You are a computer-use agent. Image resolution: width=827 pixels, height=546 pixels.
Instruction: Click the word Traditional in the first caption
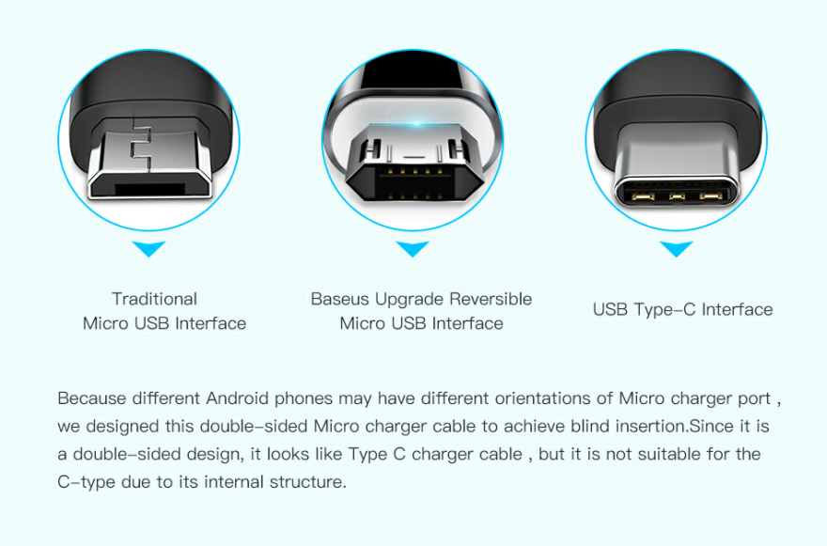[154, 299]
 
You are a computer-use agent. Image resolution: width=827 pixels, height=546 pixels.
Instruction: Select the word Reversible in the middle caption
[491, 299]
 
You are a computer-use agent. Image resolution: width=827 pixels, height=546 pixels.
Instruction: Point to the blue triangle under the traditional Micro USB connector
[148, 248]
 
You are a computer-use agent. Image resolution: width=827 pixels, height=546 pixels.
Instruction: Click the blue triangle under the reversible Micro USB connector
[413, 248]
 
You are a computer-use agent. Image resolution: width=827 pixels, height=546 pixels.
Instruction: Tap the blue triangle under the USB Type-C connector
[676, 248]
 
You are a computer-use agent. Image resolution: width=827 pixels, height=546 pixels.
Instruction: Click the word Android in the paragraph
[238, 398]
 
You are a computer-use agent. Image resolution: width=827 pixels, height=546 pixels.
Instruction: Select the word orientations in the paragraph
[543, 398]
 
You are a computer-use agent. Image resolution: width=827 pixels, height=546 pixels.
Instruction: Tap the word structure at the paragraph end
[307, 482]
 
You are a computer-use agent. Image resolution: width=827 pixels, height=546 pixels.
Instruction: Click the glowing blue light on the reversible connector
[416, 123]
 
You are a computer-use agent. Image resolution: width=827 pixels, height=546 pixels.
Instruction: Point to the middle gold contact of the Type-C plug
[677, 197]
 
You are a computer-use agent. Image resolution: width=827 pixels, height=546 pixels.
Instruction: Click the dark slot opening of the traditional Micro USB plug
[151, 189]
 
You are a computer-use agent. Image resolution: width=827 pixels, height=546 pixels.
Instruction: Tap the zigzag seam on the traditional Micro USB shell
[141, 145]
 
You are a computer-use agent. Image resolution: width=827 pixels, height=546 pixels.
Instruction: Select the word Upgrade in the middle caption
[410, 300]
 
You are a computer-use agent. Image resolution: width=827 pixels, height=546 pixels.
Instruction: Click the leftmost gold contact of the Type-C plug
[644, 197]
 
